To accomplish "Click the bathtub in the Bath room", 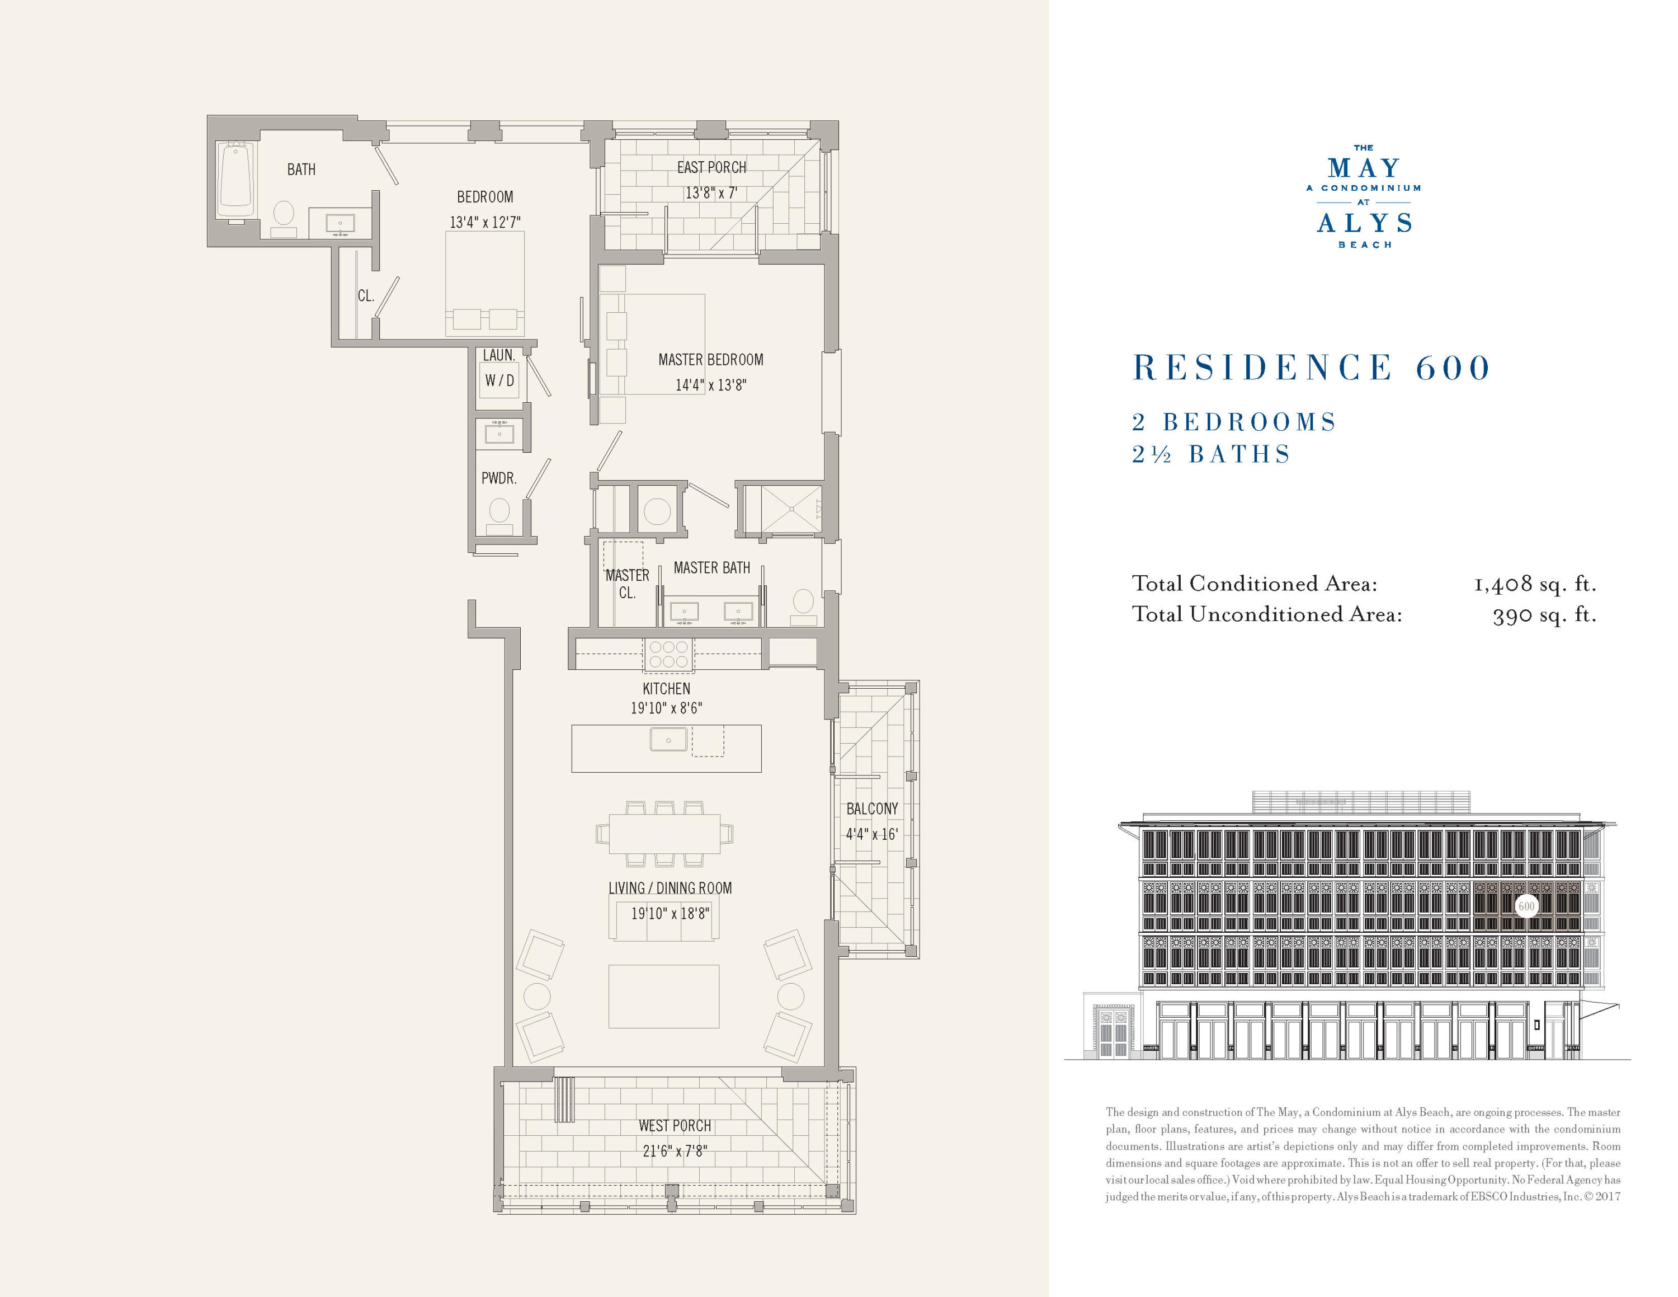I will (236, 181).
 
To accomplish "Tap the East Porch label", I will (711, 167).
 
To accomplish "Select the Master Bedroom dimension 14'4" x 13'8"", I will (711, 385).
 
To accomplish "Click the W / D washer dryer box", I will (499, 380).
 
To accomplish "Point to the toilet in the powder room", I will (499, 511).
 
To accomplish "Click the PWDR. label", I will (498, 478).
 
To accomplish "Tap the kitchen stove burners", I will (668, 654).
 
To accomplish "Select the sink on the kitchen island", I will (668, 740).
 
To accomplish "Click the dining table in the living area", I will (664, 834).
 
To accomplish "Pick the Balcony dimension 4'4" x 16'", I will (871, 834).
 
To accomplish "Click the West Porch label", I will (675, 1126).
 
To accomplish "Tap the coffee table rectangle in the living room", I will (664, 997).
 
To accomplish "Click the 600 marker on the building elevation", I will (1526, 906).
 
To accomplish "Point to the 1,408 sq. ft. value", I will (1534, 584).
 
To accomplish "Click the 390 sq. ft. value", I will (1544, 615).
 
